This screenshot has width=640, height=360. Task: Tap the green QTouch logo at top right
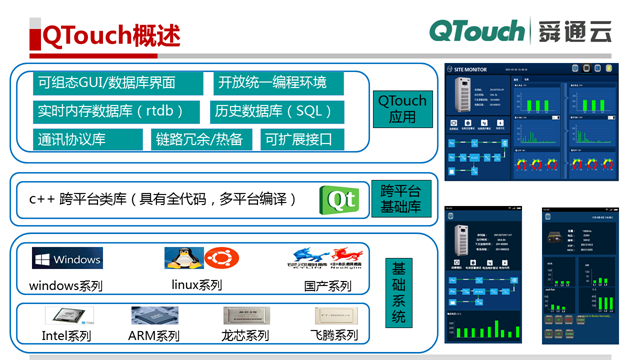pos(479,31)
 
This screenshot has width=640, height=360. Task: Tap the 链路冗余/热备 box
pos(199,139)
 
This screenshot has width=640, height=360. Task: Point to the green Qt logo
pos(338,200)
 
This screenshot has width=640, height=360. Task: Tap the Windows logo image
pos(67,260)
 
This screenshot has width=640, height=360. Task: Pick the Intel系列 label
pos(66,336)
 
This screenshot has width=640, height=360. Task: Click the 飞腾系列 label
pos(333,336)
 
